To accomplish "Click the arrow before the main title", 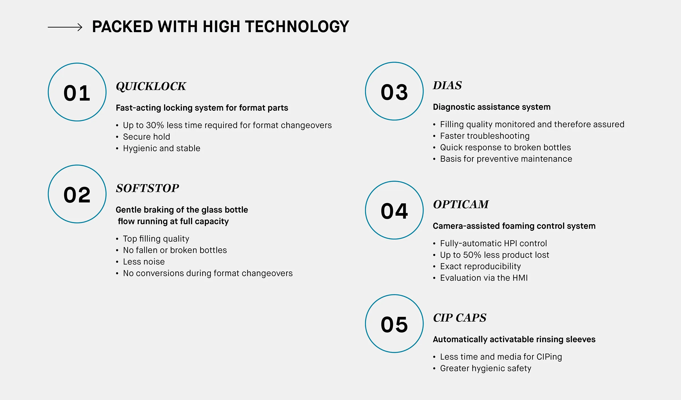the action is coord(65,27).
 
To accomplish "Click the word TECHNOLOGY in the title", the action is coord(297,27).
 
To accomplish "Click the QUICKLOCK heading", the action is coord(151,86).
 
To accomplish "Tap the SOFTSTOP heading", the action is coord(148,188).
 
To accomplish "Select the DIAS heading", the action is coord(447,85).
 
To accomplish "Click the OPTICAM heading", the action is coord(461,204).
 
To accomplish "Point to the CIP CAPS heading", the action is coord(460,318).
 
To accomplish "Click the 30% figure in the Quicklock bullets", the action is coord(155,125).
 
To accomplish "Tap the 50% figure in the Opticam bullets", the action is coord(472,255).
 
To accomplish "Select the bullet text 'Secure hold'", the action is coord(146,137).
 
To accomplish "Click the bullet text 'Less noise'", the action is coord(144,262).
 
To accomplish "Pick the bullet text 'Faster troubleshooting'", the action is coord(485,136).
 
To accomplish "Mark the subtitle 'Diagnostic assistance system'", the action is coord(492,107).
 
